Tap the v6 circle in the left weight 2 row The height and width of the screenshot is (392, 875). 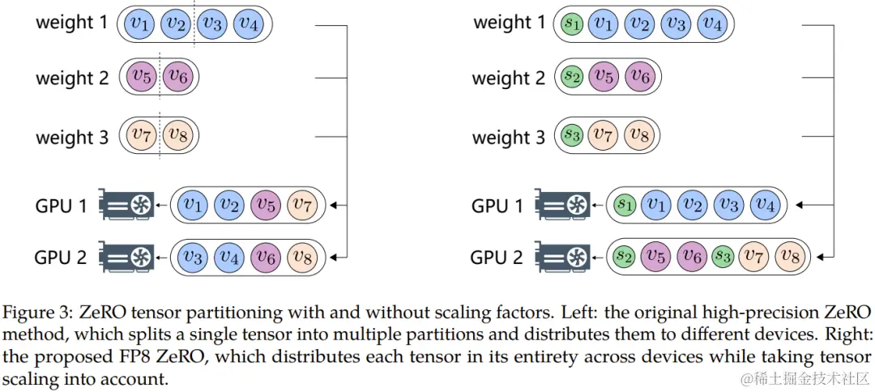[x=177, y=78]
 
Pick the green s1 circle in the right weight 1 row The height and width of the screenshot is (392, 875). [x=572, y=24]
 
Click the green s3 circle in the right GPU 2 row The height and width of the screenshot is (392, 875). [x=720, y=257]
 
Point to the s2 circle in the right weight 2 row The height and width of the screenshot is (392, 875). [x=572, y=78]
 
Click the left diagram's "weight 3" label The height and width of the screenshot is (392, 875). [x=71, y=137]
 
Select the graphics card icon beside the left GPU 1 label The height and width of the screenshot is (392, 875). [x=125, y=205]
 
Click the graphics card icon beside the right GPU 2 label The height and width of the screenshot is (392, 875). [x=561, y=258]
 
